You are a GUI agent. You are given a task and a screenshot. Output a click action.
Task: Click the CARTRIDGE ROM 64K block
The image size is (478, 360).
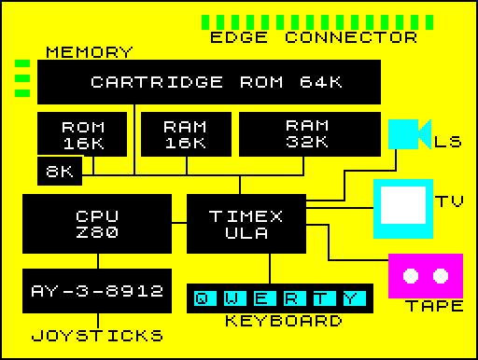coord(209,82)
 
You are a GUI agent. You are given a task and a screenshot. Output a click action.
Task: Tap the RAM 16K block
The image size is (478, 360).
coord(184,133)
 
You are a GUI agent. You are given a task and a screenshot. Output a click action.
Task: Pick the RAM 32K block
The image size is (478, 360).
coord(308,133)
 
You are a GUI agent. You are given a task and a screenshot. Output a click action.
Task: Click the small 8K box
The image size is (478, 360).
coord(60,171)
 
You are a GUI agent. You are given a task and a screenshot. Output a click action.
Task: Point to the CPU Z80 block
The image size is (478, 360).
coord(97,224)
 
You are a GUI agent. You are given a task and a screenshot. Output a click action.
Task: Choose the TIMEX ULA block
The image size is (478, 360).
coord(246,224)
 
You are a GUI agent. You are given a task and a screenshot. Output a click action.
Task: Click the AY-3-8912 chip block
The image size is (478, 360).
coord(97,290)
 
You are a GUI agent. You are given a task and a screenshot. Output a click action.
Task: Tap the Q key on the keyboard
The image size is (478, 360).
coord(202,298)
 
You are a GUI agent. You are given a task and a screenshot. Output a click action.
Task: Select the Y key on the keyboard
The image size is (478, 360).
coord(350,298)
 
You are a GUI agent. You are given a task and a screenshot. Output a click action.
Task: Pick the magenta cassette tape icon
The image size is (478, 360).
coord(426,275)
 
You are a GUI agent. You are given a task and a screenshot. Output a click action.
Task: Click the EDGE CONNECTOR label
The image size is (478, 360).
coord(314,38)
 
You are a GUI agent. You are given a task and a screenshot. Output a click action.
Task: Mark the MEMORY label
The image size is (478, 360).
coord(90,52)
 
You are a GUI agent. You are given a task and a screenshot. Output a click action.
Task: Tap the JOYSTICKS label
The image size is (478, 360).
coord(97,336)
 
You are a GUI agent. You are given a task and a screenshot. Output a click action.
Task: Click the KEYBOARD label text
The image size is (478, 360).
coord(283,322)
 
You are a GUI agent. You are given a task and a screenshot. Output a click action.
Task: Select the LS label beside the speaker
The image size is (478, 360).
coord(448,142)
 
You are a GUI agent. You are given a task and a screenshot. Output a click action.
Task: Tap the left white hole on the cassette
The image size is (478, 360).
coord(411,275)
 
